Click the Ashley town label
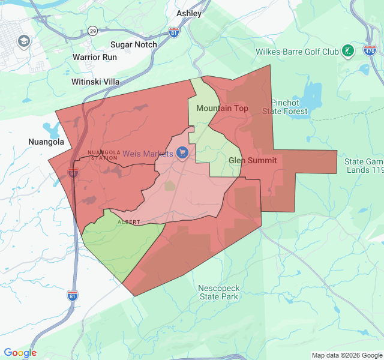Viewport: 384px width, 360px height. click(x=189, y=13)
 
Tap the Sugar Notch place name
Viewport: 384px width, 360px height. click(x=134, y=44)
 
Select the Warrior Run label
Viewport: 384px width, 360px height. click(x=95, y=57)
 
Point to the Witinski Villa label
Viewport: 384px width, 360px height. click(x=95, y=82)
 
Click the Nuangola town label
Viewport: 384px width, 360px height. click(x=46, y=142)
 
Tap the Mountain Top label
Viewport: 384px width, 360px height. click(x=222, y=108)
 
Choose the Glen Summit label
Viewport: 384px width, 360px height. click(x=253, y=160)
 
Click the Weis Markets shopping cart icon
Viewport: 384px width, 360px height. click(x=183, y=154)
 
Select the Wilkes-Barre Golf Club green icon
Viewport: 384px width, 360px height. click(x=348, y=52)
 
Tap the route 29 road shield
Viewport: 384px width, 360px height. click(x=92, y=30)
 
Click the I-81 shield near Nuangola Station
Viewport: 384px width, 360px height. click(x=73, y=173)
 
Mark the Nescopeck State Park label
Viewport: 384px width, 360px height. click(x=219, y=292)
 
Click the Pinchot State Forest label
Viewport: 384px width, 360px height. click(x=289, y=107)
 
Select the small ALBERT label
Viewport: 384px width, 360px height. click(x=128, y=222)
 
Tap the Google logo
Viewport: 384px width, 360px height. click(x=20, y=353)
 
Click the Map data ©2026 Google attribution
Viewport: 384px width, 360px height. click(x=346, y=355)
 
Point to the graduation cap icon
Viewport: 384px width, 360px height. click(x=24, y=41)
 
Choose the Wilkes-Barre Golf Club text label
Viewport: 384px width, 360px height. click(x=297, y=52)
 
